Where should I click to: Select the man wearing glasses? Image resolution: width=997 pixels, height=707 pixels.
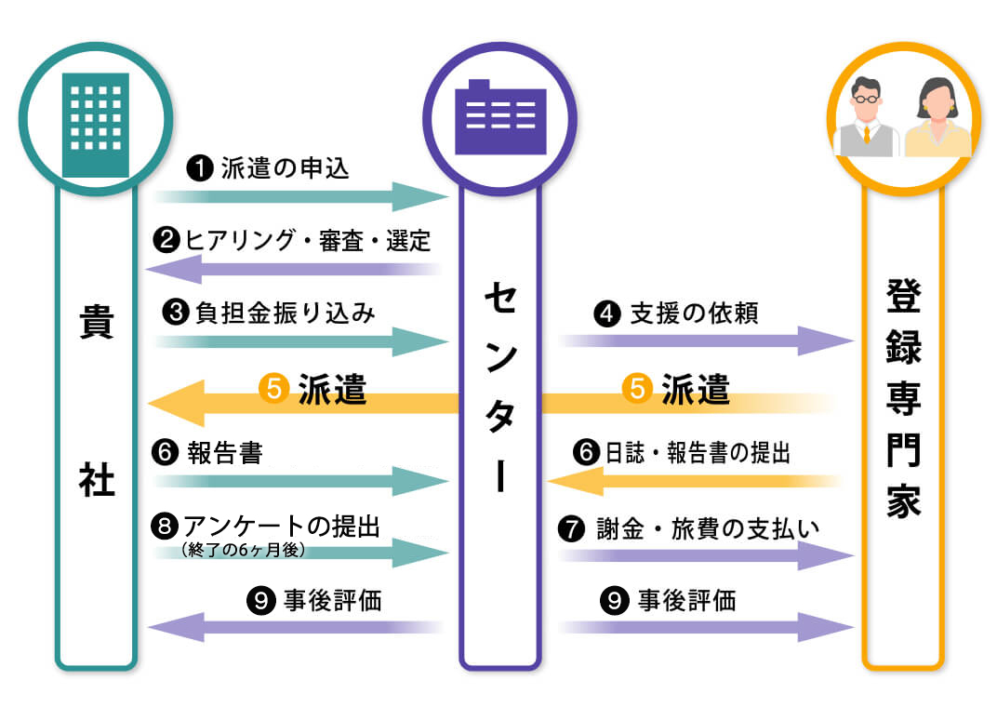(x=866, y=119)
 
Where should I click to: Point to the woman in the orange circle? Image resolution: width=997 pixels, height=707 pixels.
(x=937, y=119)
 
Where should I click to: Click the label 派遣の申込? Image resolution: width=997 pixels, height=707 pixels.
(x=285, y=168)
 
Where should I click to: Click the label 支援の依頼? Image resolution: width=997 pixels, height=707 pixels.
(x=694, y=313)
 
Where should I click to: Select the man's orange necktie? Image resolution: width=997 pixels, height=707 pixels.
(x=866, y=139)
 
